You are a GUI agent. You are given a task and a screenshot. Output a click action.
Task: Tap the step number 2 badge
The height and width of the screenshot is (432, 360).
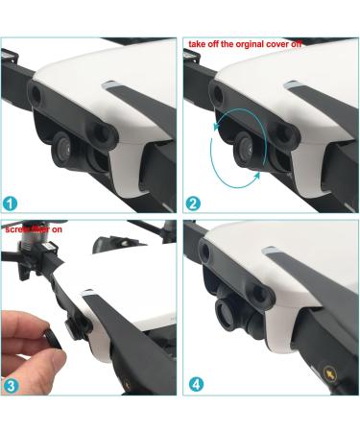pyautogui.click(x=194, y=203)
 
